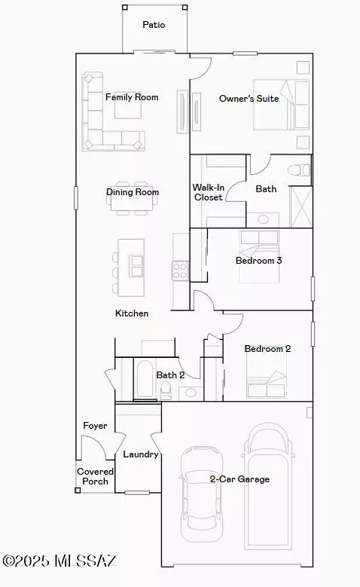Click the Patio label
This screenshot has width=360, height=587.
pyautogui.click(x=154, y=25)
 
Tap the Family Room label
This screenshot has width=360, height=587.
pyautogui.click(x=132, y=97)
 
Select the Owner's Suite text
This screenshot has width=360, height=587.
pyautogui.click(x=249, y=99)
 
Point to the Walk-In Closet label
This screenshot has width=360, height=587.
pyautogui.click(x=207, y=192)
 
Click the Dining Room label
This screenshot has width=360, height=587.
pyautogui.click(x=133, y=192)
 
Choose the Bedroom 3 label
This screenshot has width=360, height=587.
pyautogui.click(x=258, y=261)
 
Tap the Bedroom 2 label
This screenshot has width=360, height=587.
pyautogui.click(x=267, y=349)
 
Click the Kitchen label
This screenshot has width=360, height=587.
pyautogui.click(x=132, y=313)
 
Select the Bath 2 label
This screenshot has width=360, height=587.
pyautogui.click(x=170, y=375)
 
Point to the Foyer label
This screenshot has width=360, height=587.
pyautogui.click(x=95, y=426)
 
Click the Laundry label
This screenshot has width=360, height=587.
pyautogui.click(x=140, y=454)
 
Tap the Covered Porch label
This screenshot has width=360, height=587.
pyautogui.click(x=95, y=476)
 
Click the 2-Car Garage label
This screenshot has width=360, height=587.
pyautogui.click(x=239, y=478)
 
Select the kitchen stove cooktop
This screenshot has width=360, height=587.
pyautogui.click(x=180, y=270)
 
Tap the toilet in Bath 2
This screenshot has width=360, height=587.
pyautogui.click(x=166, y=390)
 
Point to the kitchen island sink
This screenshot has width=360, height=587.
pyautogui.click(x=136, y=264)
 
